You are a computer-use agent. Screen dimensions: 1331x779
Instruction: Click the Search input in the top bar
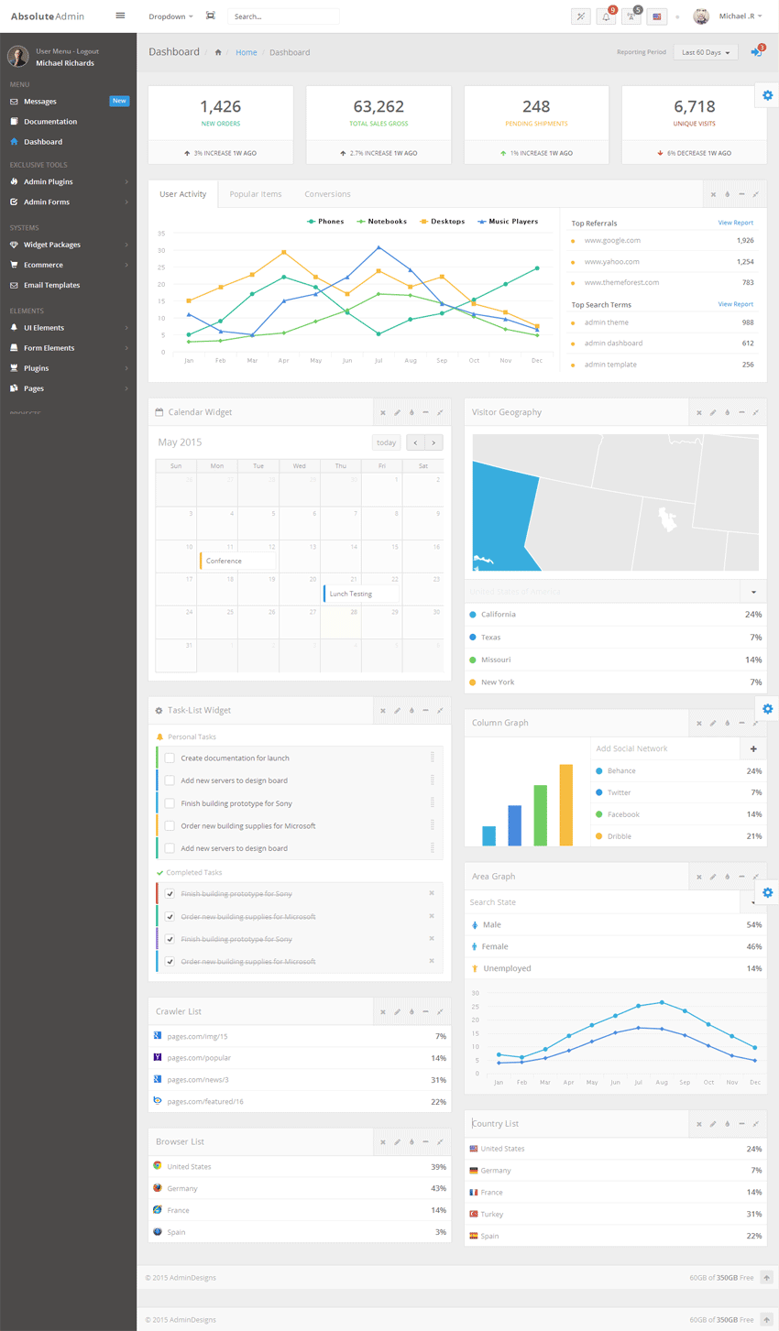point(282,16)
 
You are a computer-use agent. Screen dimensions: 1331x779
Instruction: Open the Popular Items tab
point(256,194)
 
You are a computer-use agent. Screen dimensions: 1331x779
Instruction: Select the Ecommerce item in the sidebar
point(43,265)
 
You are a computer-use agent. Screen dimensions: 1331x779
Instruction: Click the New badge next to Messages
point(119,101)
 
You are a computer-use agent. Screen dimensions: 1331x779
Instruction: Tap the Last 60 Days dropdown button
point(706,52)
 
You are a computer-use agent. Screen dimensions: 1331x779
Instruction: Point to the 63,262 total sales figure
point(379,107)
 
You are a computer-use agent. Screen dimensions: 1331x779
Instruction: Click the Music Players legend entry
point(509,222)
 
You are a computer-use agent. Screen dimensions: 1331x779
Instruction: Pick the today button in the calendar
point(387,442)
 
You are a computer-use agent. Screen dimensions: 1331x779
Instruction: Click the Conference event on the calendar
point(236,561)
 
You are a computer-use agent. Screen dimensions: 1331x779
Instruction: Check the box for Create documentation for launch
point(170,758)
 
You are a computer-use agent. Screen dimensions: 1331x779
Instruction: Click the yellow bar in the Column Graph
point(566,804)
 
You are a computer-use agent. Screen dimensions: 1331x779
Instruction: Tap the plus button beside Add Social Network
point(753,748)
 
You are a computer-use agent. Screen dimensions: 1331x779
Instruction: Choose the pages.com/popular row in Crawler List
point(199,1058)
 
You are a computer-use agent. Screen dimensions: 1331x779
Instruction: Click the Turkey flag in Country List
point(474,1214)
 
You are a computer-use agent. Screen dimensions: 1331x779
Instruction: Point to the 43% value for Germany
point(438,1188)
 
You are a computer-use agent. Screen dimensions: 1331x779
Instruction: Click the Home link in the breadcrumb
point(247,52)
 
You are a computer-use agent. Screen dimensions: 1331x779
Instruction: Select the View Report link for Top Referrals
point(735,223)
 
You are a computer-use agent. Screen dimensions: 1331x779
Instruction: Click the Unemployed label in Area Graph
point(507,968)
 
